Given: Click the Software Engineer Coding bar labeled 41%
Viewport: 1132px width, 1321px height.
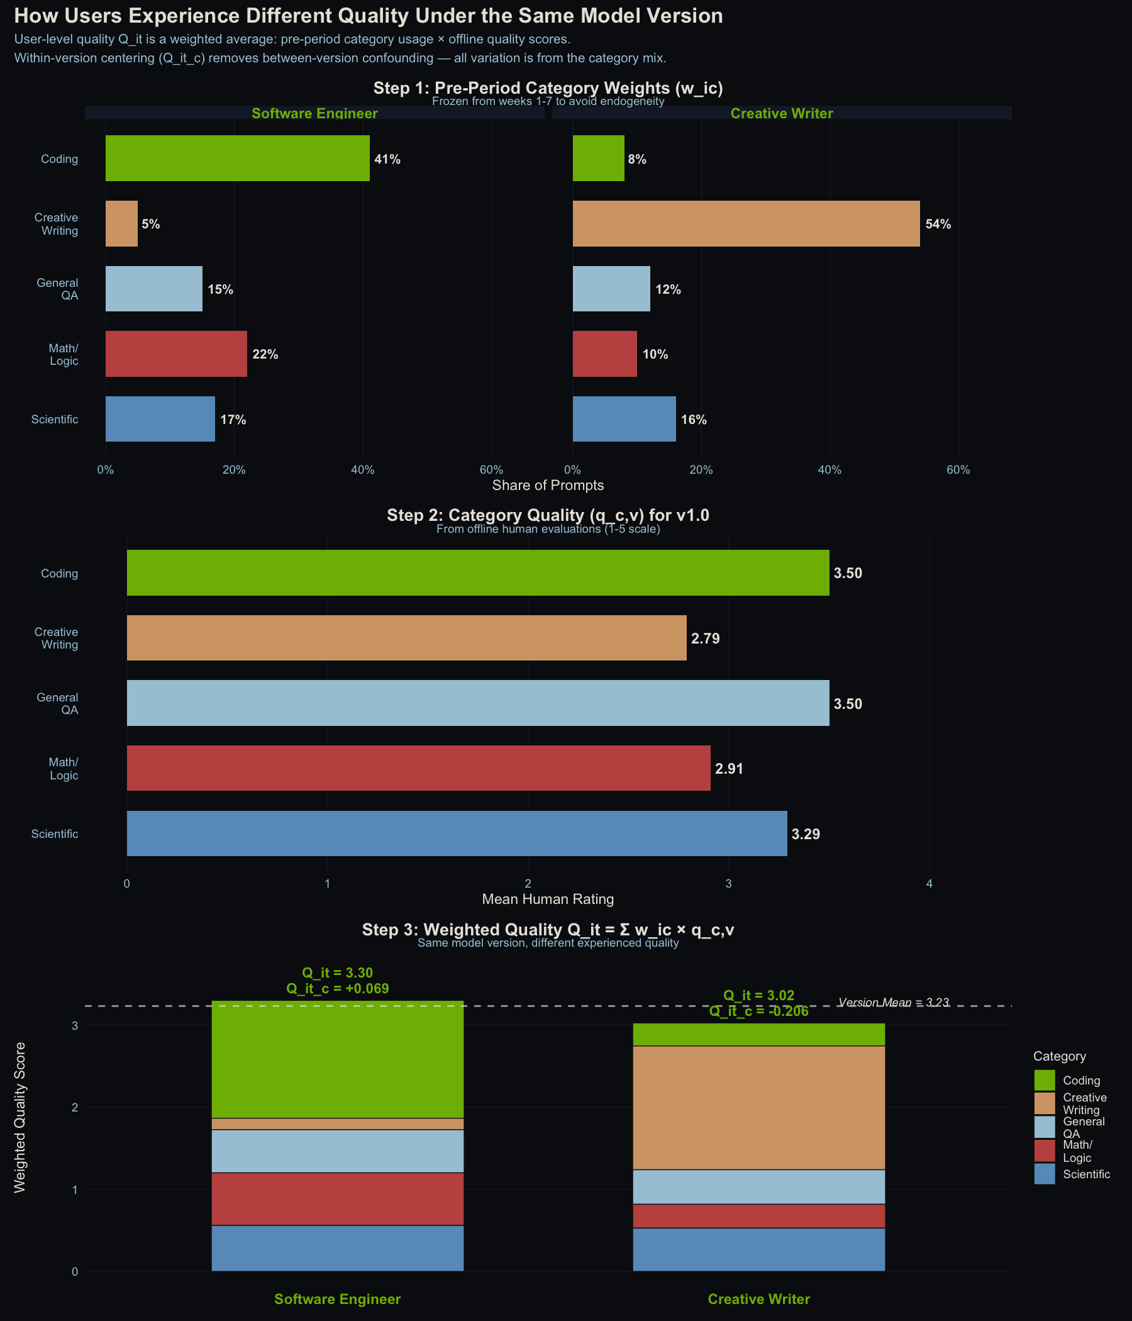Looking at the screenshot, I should (x=237, y=158).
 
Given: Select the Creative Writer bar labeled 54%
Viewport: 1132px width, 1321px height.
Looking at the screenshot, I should (x=746, y=224).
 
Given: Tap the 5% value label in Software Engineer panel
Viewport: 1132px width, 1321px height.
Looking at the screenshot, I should (x=151, y=225).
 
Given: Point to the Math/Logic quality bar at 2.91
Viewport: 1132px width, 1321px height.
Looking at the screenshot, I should (x=418, y=768).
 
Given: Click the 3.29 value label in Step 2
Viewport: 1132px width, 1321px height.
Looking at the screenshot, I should (x=806, y=834).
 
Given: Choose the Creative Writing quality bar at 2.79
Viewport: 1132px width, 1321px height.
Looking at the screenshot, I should (x=407, y=638).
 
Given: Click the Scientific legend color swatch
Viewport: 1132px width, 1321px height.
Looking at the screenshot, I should (x=1044, y=1174).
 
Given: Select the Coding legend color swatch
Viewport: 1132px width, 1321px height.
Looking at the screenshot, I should (x=1044, y=1080).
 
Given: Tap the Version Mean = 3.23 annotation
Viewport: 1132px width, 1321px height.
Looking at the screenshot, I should (x=894, y=1002).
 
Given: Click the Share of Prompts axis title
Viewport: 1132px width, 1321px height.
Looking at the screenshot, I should (x=548, y=485).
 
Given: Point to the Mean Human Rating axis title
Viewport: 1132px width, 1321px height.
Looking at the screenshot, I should (x=548, y=899).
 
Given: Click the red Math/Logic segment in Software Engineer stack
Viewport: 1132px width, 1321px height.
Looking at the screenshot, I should (x=337, y=1198).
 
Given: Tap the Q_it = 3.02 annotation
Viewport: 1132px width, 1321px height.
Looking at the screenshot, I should (x=758, y=996).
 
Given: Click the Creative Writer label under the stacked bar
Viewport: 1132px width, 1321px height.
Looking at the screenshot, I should (x=758, y=1299).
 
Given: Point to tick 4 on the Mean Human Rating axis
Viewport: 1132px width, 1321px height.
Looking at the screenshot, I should (x=929, y=884).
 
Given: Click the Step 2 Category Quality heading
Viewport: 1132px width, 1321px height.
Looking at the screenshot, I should (x=548, y=515).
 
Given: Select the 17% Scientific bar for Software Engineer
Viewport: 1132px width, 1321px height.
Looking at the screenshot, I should (x=160, y=419).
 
